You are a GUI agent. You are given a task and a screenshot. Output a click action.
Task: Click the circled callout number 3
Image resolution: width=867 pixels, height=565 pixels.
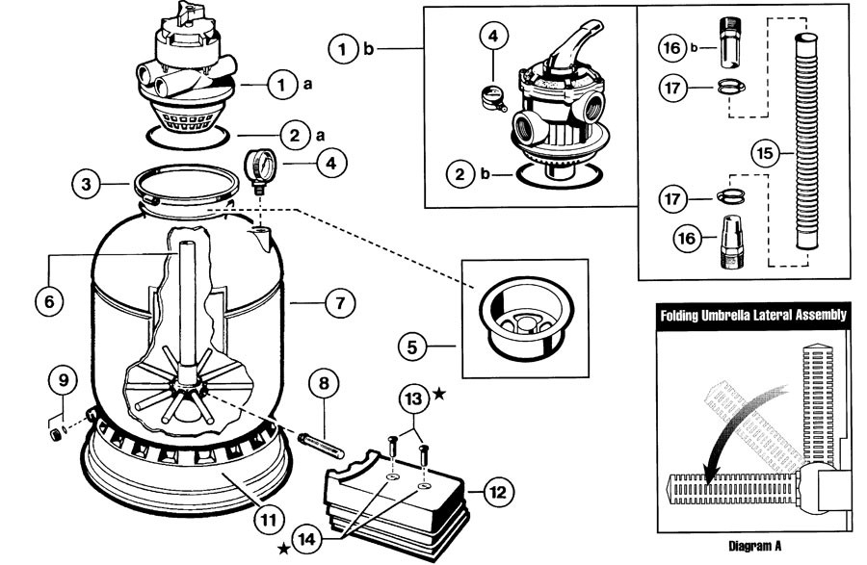coord(87,183)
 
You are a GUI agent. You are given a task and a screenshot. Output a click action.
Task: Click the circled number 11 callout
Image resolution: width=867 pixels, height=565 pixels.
coord(269,520)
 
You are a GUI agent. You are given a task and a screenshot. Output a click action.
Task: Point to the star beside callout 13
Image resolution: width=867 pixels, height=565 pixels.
coord(440,395)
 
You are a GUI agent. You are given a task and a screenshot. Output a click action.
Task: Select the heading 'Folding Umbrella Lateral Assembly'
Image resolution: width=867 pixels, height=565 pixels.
coord(752,315)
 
